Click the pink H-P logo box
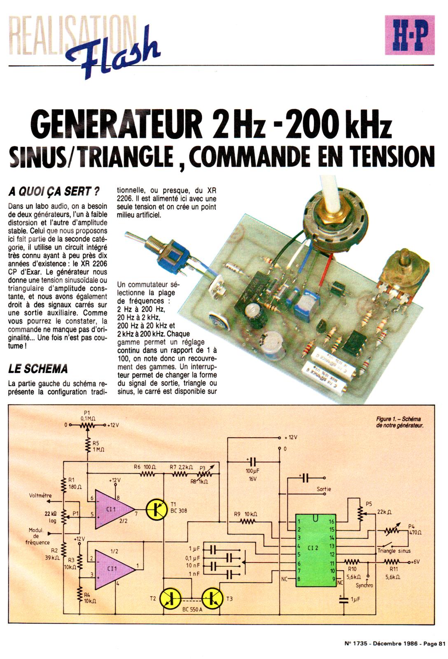[409, 35]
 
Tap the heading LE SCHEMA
[38, 369]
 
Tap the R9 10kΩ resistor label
[246, 514]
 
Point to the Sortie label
[324, 490]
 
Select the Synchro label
[364, 585]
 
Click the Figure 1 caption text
[399, 422]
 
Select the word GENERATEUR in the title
[115, 123]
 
